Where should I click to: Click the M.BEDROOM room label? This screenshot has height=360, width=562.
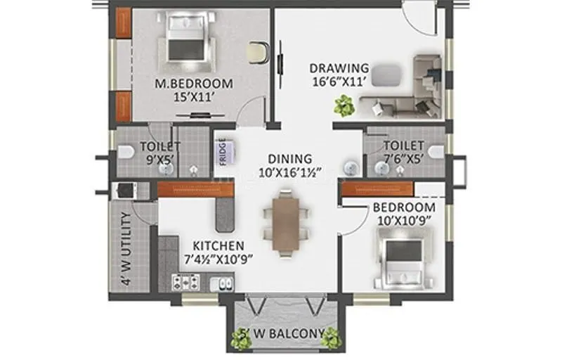[x=193, y=83]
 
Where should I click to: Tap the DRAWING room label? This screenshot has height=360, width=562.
[x=339, y=68]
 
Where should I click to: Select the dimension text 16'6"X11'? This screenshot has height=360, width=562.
[x=339, y=82]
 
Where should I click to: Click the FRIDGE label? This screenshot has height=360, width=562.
[x=222, y=153]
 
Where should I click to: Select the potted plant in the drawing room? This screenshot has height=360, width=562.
[x=344, y=106]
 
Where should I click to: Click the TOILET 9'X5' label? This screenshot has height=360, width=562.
[x=160, y=153]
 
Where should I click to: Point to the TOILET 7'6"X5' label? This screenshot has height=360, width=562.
[x=404, y=153]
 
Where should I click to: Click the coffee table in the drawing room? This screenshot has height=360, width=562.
[x=385, y=72]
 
